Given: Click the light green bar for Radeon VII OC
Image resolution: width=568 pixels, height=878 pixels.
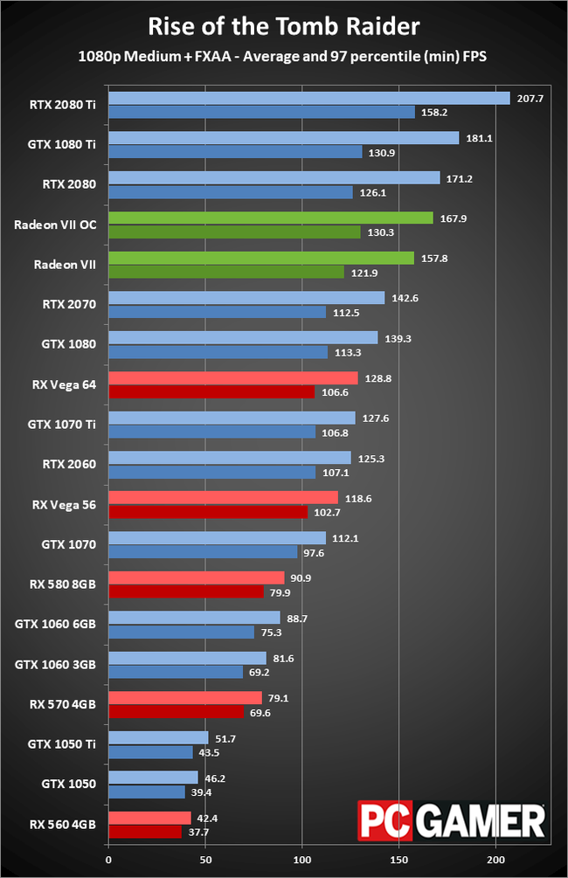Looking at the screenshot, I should pos(270,218).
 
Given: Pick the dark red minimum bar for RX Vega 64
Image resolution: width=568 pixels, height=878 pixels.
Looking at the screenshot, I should pos(211,392).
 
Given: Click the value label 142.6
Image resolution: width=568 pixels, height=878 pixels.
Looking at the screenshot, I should pos(404,298).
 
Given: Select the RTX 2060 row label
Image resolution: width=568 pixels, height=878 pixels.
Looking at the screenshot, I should pos(69,465).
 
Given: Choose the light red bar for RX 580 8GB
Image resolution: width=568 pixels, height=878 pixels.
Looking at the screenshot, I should pos(196,578).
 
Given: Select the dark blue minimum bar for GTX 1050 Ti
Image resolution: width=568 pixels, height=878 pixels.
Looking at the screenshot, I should pos(150,752).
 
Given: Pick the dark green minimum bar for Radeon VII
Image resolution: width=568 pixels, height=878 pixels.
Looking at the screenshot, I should pos(225,273).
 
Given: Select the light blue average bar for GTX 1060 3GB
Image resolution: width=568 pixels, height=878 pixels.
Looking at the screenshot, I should pos(187,658).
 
